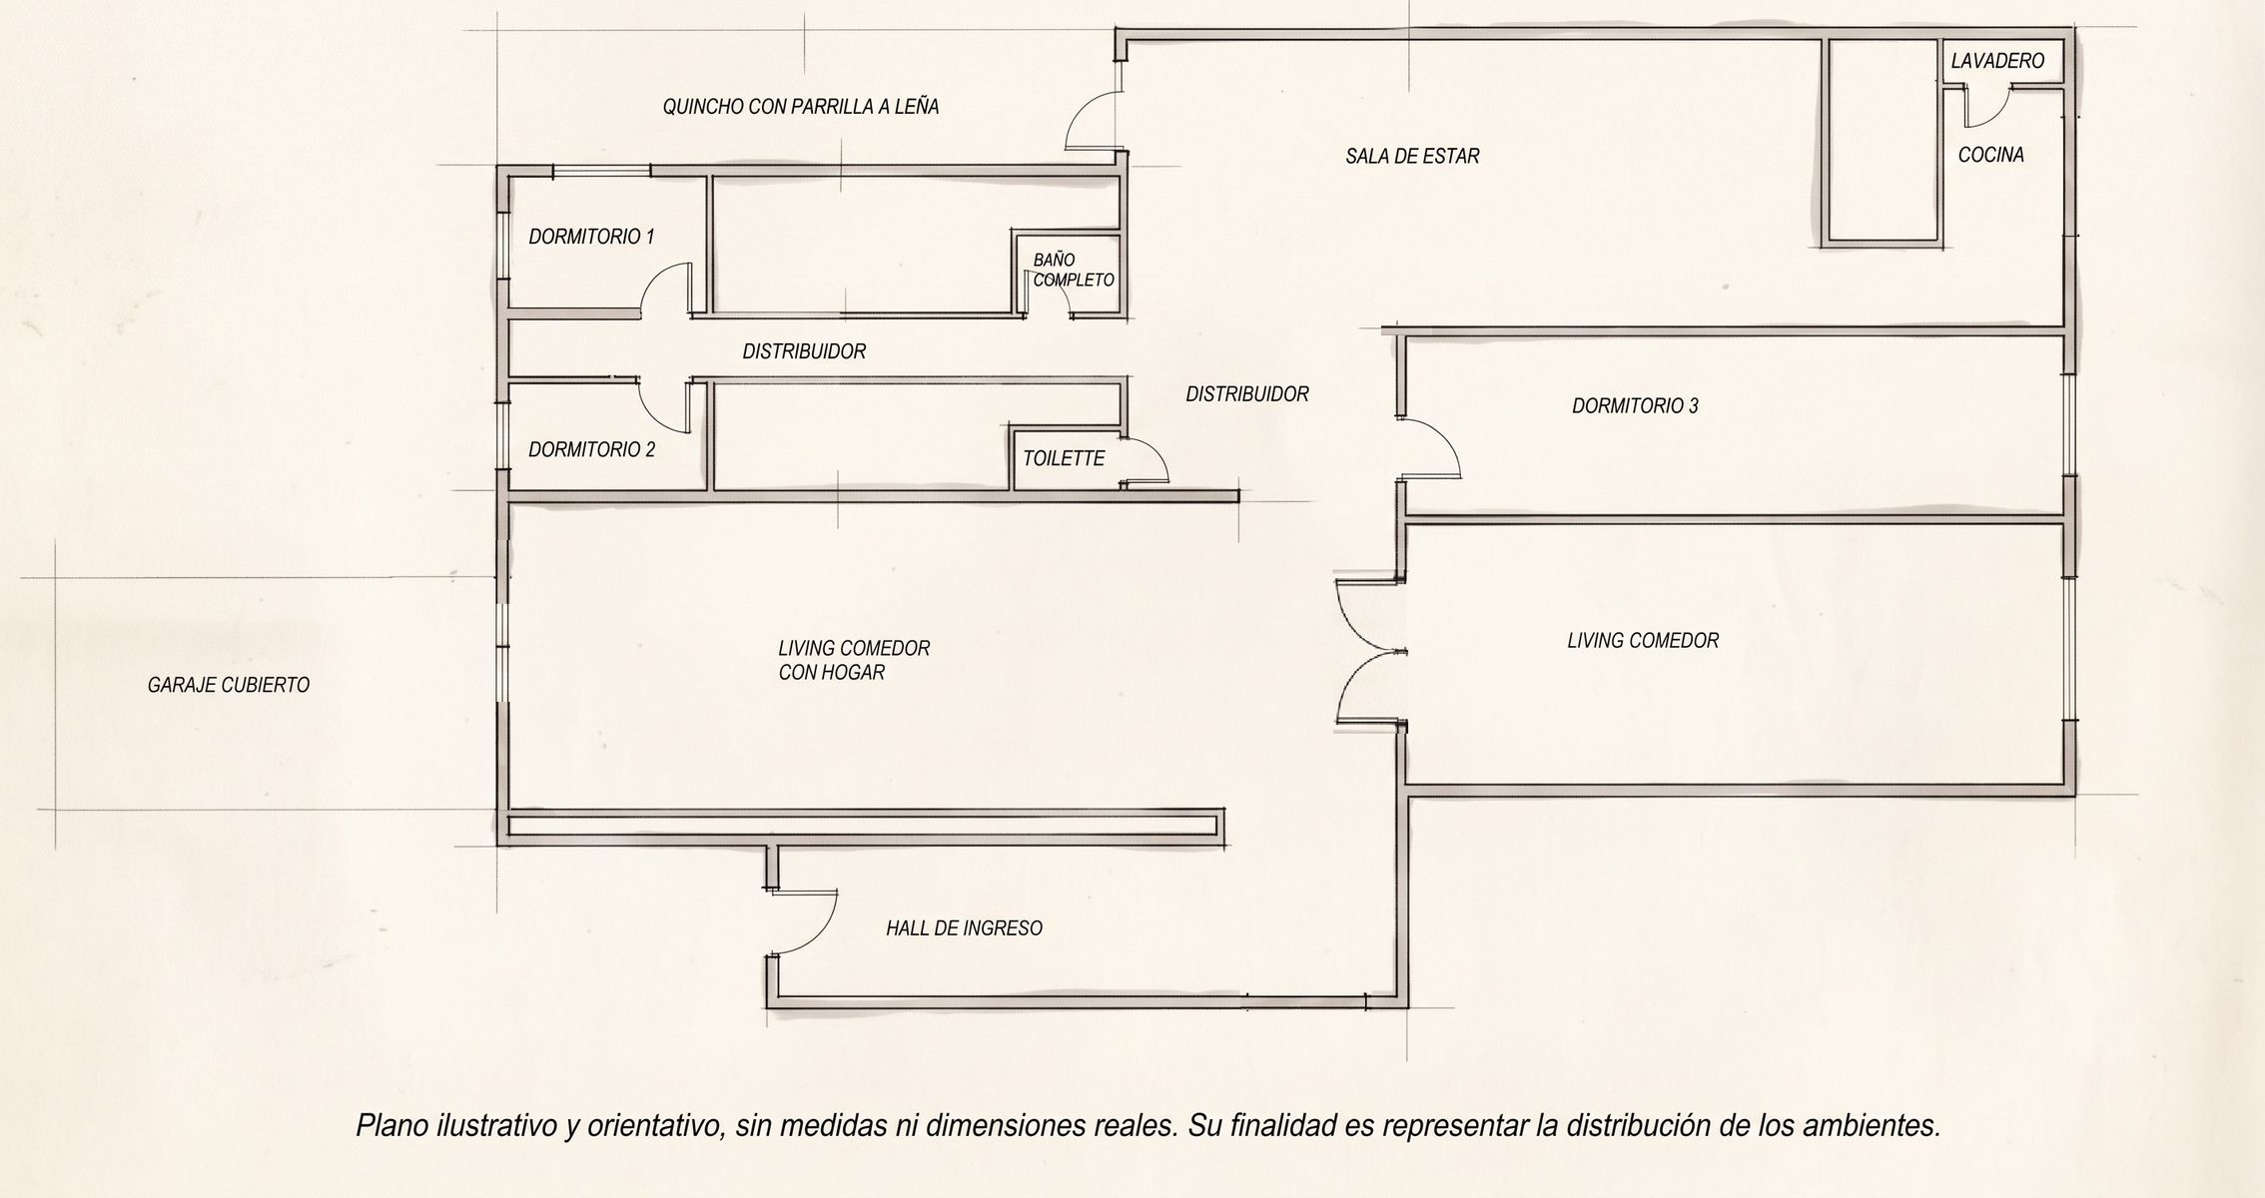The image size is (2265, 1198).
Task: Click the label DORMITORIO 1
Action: [591, 237]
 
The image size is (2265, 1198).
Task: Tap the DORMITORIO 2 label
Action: [591, 449]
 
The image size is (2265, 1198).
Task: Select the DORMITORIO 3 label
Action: [1635, 405]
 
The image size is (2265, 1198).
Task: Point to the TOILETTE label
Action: [1064, 458]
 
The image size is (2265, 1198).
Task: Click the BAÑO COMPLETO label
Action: [1074, 271]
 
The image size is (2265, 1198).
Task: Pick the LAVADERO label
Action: [1997, 61]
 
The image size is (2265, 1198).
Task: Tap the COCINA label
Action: [1990, 155]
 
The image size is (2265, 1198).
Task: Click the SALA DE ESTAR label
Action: [1412, 156]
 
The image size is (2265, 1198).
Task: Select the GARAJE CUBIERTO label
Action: [229, 685]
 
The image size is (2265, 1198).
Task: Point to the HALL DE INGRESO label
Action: [964, 928]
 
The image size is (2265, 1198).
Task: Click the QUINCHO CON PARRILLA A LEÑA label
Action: [801, 106]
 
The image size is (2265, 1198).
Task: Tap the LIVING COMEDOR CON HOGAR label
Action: [854, 660]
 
